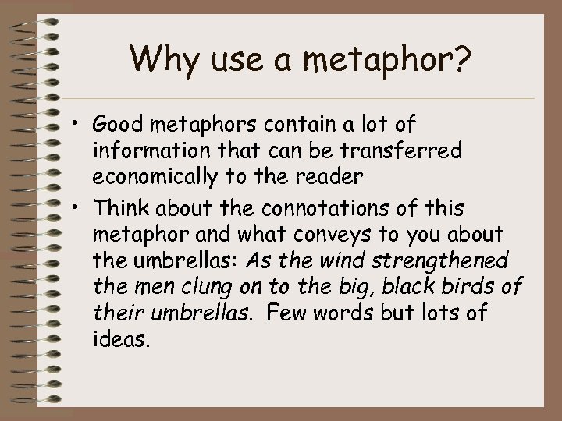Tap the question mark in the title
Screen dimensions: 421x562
(462, 60)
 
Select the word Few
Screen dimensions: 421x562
(323, 312)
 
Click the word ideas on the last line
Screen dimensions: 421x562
(118, 338)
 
